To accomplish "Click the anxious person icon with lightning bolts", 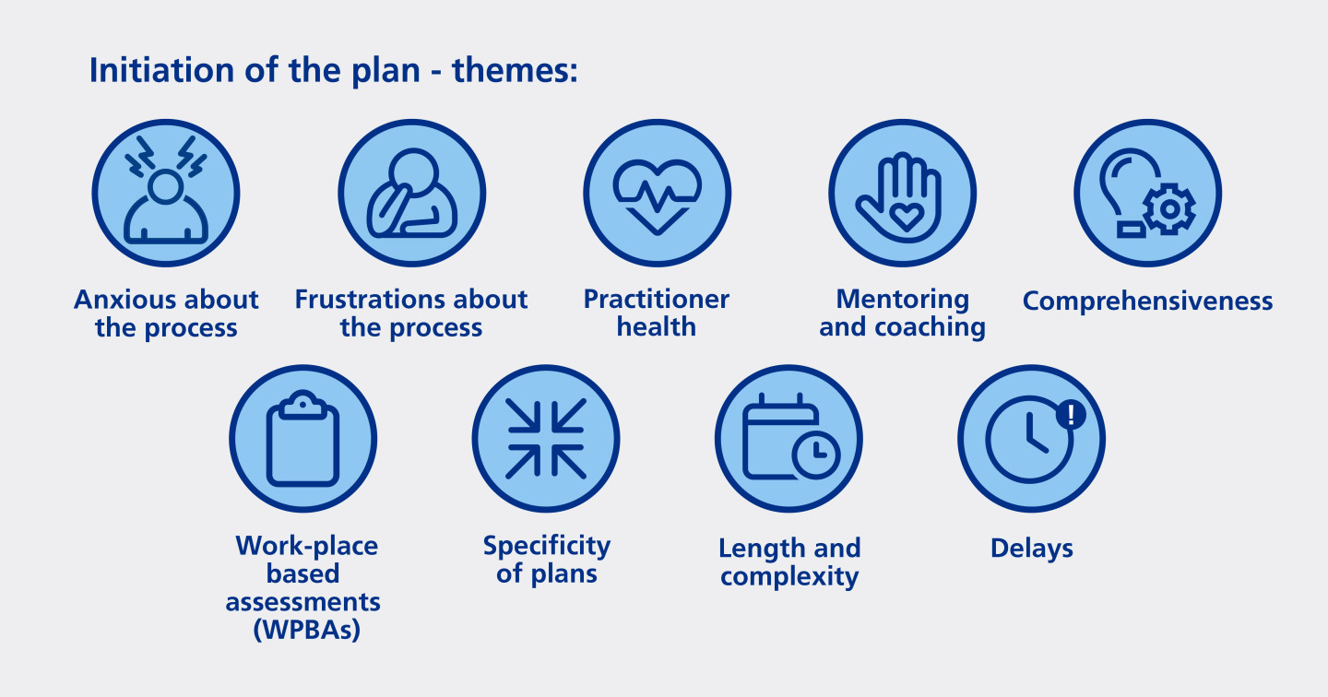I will pos(166,193).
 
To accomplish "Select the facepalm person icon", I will pos(411,193).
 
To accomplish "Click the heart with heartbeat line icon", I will pos(657,193).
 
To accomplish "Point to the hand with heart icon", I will pos(902,193).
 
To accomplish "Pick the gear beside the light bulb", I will pos(1168,209).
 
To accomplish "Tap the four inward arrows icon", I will pos(546,439).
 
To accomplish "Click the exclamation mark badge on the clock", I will pos(1071,414).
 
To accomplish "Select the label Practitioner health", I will pos(657,313).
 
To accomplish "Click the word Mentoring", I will pos(902,299).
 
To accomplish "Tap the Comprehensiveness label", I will pos(1147,301).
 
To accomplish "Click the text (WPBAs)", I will pos(303,632).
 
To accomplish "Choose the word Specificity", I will pos(546,546).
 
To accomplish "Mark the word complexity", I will pos(789,577).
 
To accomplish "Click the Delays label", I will pos(1031,549).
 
